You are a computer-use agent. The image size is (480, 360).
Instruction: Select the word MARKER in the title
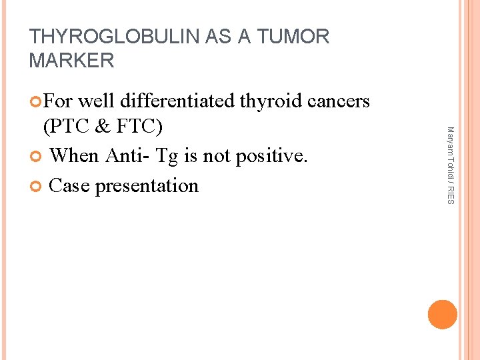pyautogui.click(x=72, y=61)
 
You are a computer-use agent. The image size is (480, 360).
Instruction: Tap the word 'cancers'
pyautogui.click(x=339, y=101)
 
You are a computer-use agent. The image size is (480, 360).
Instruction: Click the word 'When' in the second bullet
pyautogui.click(x=74, y=156)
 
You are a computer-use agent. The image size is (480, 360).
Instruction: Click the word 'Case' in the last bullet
pyautogui.click(x=69, y=185)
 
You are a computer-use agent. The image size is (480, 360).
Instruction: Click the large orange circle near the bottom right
pyautogui.click(x=443, y=315)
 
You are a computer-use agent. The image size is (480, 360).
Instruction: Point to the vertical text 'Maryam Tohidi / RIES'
pyautogui.click(x=450, y=165)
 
